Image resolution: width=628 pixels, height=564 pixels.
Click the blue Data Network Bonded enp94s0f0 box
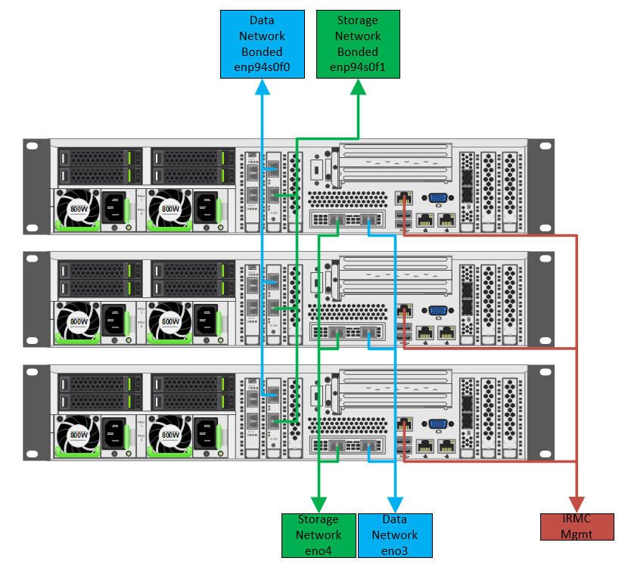pos(262,45)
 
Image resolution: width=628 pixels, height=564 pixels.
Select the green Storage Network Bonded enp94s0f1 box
pos(357,45)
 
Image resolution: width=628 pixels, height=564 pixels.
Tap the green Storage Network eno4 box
pos(318,535)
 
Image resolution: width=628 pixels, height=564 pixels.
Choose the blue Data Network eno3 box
pos(394,535)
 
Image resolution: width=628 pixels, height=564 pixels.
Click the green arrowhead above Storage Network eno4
pos(318,504)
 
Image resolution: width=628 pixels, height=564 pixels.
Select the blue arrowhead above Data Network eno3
pos(394,504)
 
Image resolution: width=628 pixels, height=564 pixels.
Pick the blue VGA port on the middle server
pos(438,311)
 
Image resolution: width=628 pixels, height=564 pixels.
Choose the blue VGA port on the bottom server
pos(438,425)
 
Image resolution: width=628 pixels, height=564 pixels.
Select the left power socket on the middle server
pos(114,321)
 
